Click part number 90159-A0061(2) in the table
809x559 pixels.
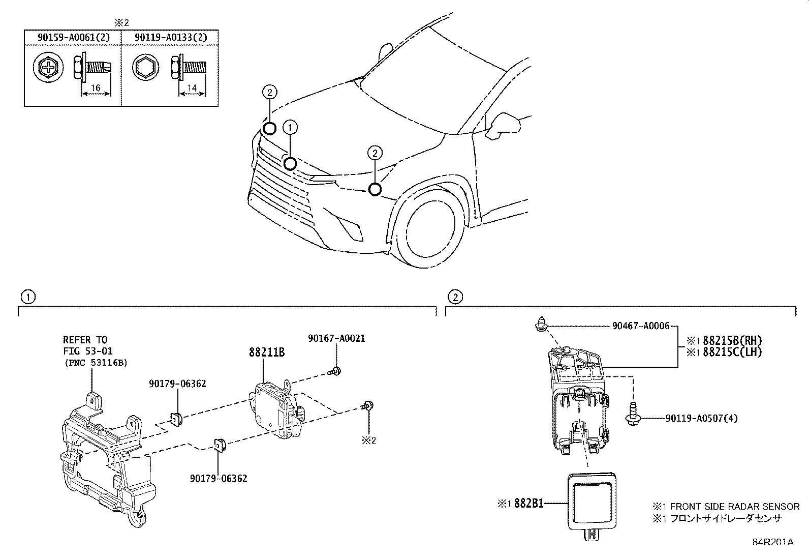point(72,38)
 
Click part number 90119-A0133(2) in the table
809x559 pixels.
point(170,38)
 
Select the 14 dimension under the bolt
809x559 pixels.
point(192,89)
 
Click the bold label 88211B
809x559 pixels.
point(266,352)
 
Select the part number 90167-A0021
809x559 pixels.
point(336,338)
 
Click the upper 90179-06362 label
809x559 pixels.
point(177,384)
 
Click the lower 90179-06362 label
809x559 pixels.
point(219,478)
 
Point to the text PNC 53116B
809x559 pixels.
point(96,363)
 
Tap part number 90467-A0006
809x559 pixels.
point(641,327)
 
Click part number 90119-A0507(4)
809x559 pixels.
point(701,418)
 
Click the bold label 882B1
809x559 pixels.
point(528,504)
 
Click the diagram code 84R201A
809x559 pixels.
point(773,542)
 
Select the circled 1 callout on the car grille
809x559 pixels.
point(290,163)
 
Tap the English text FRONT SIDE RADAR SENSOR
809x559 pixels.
point(734,507)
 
